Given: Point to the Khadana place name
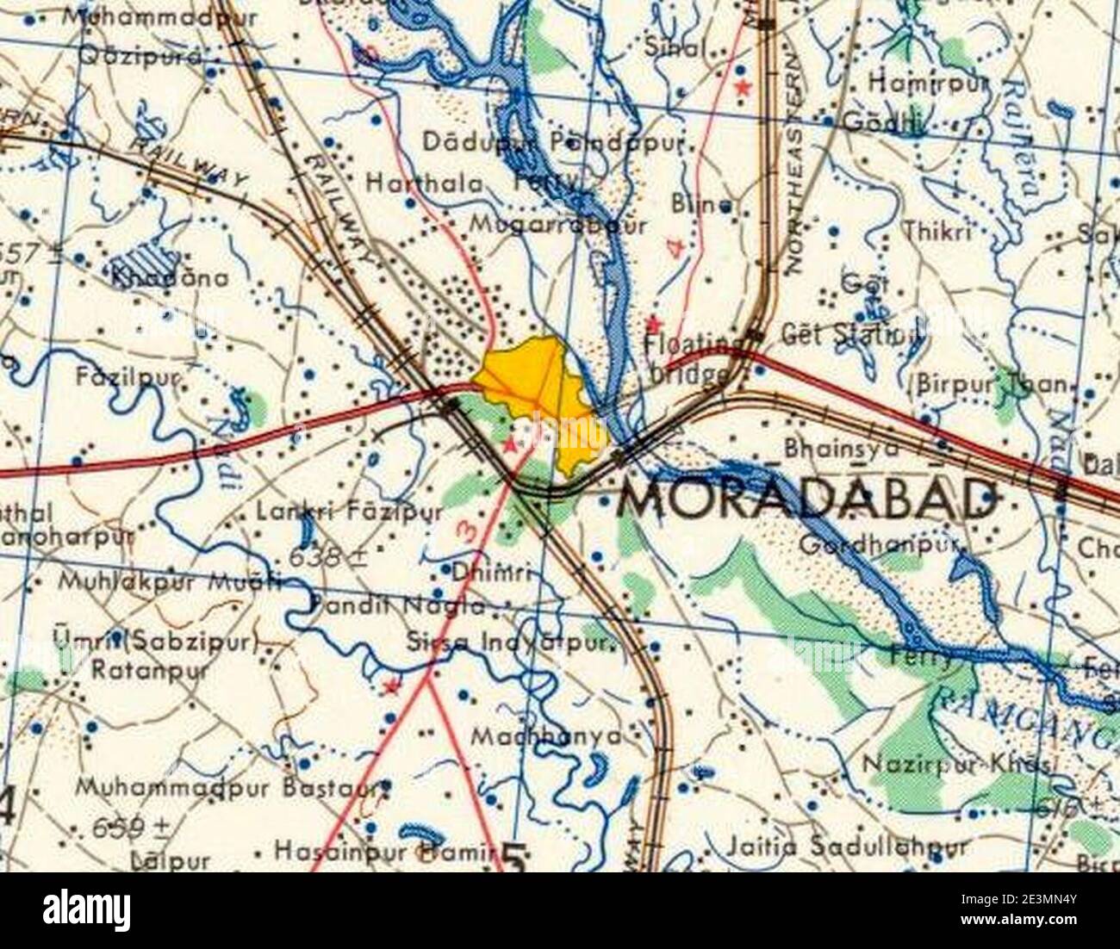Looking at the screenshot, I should pos(171,277).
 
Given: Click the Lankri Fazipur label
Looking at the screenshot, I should pos(349,512).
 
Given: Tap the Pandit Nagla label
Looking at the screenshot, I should pos(397,605).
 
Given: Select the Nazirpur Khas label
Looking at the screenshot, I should pos(957,764).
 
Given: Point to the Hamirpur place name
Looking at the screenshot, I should pos(927,83).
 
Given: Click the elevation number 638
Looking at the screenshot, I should pos(327,557).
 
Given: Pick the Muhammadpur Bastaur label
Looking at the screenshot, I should pos(233,786).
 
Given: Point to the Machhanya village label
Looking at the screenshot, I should pos(546,736).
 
